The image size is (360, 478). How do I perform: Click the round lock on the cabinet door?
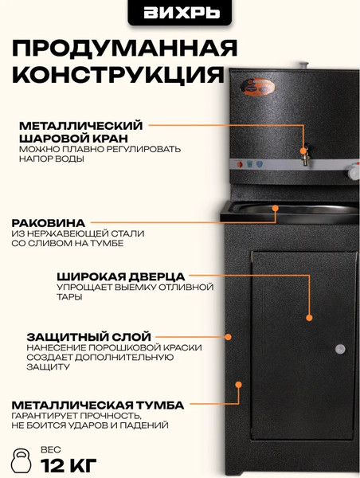coord(340,348)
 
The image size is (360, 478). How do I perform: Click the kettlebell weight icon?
coord(22,460)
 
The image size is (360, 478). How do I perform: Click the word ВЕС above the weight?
coord(49,449)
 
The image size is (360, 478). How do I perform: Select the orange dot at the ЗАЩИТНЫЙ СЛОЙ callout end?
coord(228,337)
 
